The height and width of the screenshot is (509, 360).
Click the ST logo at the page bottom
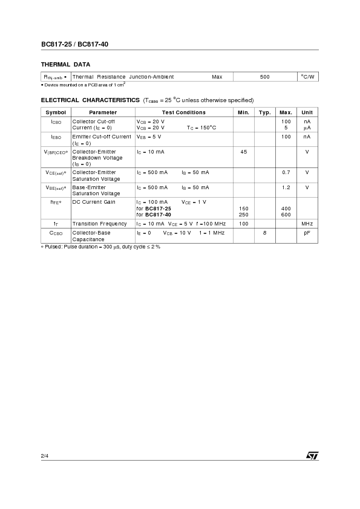(x=312, y=455)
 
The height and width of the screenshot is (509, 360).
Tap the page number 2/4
(x=45, y=455)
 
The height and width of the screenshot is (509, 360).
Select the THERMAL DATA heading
(x=65, y=64)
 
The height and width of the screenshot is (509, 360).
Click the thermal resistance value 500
(x=264, y=77)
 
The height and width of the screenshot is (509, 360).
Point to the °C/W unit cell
(x=307, y=77)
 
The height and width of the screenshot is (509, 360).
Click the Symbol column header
(x=56, y=112)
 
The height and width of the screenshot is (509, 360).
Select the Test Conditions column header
(x=183, y=112)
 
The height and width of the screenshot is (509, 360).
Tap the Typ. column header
(x=264, y=112)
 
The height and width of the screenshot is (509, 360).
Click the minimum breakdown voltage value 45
(x=243, y=151)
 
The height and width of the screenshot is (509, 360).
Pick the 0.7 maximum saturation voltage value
(x=286, y=172)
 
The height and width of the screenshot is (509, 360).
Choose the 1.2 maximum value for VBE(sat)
(x=286, y=187)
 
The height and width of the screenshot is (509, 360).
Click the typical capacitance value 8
(x=264, y=232)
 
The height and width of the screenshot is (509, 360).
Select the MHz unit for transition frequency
(x=307, y=224)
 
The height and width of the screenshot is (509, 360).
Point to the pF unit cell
(x=307, y=232)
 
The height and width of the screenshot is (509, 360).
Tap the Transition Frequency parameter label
(x=99, y=224)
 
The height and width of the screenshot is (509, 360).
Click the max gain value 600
(x=286, y=215)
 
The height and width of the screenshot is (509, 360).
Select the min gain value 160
(x=243, y=209)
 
